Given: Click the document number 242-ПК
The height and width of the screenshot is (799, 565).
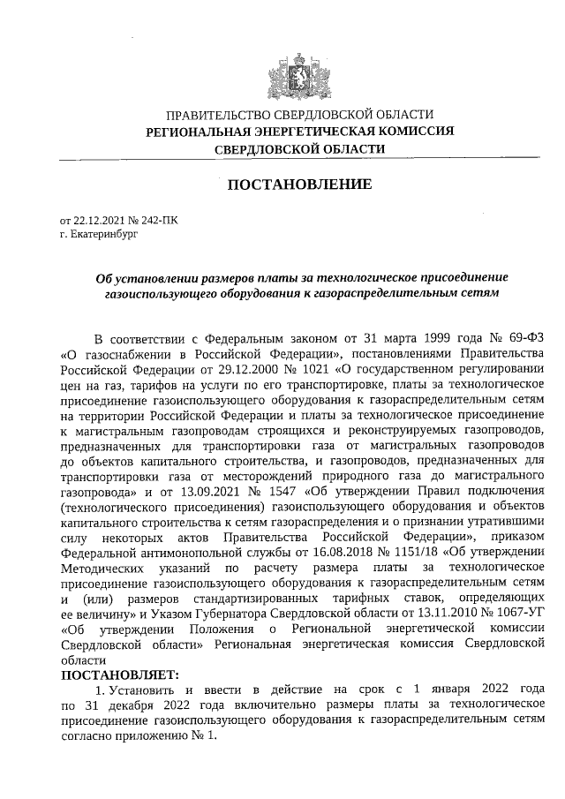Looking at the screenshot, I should pos(160,220).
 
